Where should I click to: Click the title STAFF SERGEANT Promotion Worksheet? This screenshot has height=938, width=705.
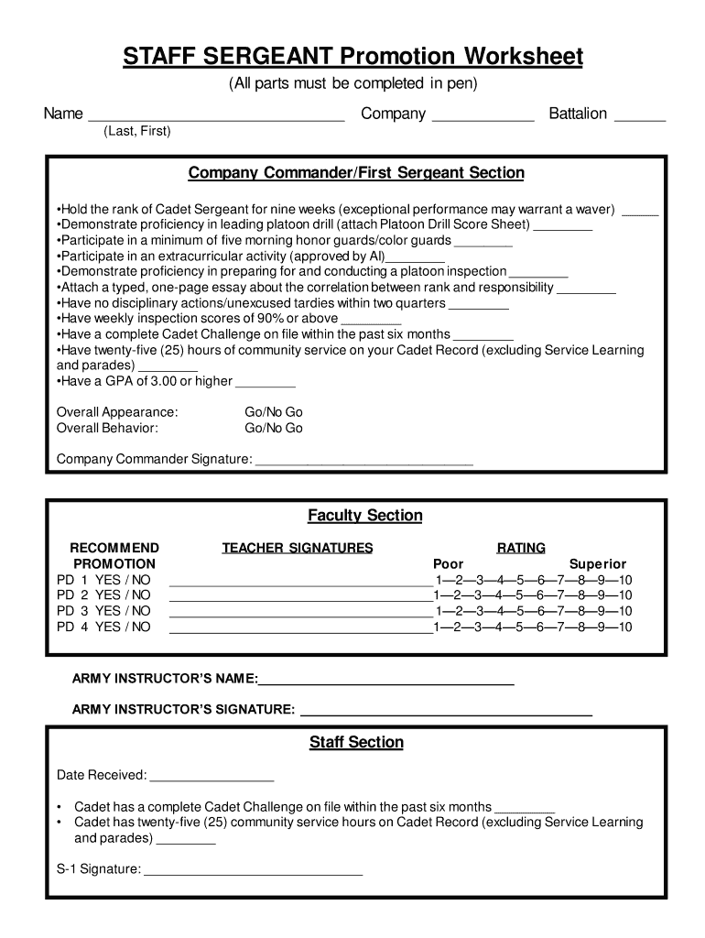tap(353, 58)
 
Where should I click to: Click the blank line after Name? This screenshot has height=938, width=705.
tap(215, 116)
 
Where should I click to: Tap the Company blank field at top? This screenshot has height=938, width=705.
tap(483, 116)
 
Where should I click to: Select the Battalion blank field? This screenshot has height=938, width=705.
tap(640, 116)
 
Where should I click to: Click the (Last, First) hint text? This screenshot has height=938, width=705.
tap(137, 132)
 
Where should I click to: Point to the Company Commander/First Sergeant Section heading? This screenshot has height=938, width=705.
tap(356, 173)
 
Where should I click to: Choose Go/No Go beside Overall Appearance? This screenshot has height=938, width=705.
tap(273, 412)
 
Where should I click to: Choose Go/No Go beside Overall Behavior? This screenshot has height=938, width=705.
tap(273, 428)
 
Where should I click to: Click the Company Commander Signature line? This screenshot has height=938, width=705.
tap(363, 462)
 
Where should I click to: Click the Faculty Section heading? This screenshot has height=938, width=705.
tap(364, 516)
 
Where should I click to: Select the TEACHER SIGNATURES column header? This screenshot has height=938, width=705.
tap(298, 548)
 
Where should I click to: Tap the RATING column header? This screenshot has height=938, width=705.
tap(521, 548)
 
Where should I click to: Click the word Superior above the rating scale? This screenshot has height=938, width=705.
tap(597, 564)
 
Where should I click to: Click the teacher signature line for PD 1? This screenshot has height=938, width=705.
tap(300, 583)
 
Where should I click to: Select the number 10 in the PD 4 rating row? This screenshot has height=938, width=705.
tap(624, 627)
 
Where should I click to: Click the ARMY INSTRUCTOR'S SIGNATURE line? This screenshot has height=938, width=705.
tap(446, 712)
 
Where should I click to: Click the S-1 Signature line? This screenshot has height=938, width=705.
tap(254, 871)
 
